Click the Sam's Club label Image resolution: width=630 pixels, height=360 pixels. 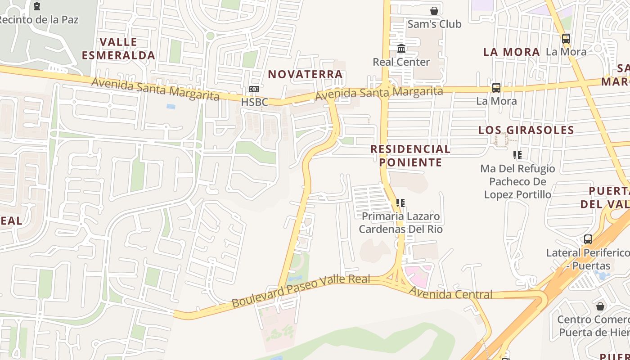[434, 24]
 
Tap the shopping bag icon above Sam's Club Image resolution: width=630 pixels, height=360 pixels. [434, 10]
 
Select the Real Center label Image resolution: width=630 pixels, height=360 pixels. [401, 62]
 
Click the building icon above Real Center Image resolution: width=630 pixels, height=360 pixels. [401, 48]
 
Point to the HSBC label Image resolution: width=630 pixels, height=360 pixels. [254, 102]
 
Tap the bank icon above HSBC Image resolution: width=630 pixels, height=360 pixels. [254, 89]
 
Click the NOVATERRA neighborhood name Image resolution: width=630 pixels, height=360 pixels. [306, 74]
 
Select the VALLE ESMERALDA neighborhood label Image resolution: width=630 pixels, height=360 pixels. [118, 49]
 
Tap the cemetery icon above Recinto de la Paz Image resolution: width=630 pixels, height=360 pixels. [37, 6]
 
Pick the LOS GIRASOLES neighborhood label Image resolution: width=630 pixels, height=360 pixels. [526, 130]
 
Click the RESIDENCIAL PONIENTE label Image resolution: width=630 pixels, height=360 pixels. [410, 155]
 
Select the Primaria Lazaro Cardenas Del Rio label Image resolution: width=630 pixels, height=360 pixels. [400, 223]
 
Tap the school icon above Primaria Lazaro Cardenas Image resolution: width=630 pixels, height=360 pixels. [400, 203]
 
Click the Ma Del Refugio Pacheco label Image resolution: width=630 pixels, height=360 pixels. [517, 182]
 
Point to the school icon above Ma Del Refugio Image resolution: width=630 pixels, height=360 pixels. [517, 155]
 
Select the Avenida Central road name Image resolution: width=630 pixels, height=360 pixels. [450, 293]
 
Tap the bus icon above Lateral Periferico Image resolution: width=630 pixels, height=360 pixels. [588, 239]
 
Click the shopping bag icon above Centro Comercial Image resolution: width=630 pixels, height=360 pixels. [600, 306]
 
